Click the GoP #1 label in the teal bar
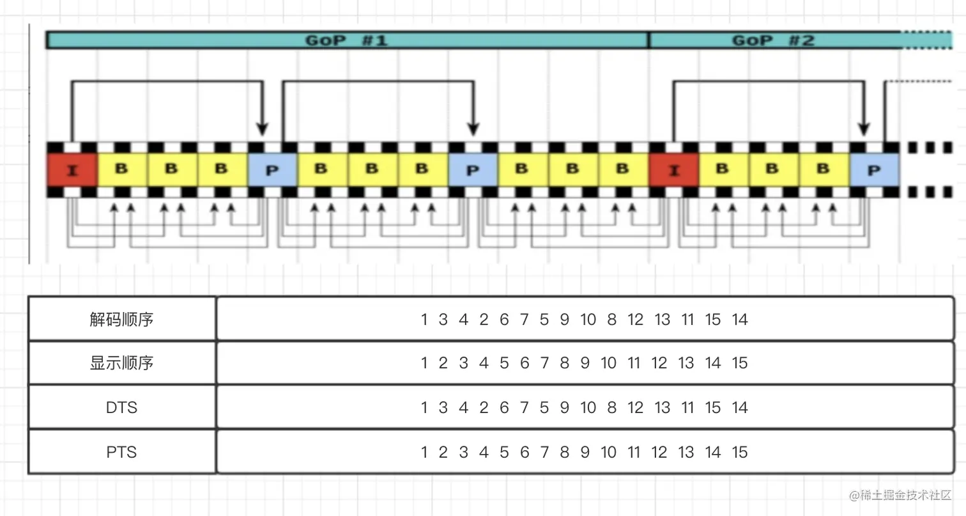click(346, 40)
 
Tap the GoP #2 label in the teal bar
click(772, 40)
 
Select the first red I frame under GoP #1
click(72, 170)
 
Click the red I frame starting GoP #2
click(674, 170)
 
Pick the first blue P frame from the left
click(272, 170)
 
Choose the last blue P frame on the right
click(874, 170)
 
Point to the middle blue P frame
click(473, 170)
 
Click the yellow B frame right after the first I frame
click(122, 169)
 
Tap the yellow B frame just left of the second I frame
click(624, 169)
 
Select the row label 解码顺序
click(121, 319)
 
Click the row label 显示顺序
click(121, 363)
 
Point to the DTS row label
click(121, 407)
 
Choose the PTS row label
click(121, 452)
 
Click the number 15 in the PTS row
click(740, 452)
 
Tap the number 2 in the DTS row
click(484, 407)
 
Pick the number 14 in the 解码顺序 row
click(740, 319)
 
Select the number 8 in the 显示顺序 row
click(564, 363)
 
